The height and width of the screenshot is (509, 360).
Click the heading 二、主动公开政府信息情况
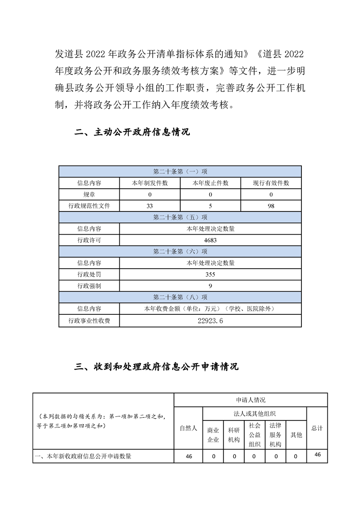click(132, 132)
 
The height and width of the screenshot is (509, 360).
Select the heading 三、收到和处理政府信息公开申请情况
click(156, 367)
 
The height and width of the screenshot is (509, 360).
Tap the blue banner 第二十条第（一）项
click(180, 172)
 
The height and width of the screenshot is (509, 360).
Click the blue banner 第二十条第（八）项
click(180, 297)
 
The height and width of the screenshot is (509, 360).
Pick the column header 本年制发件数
click(150, 183)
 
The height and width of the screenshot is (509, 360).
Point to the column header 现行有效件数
click(271, 183)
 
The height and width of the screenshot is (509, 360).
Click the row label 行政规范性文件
click(89, 206)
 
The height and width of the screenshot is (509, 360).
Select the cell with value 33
click(150, 206)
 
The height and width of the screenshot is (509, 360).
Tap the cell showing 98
click(271, 206)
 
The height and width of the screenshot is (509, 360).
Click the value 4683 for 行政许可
click(210, 240)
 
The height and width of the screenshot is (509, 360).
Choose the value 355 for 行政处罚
click(210, 274)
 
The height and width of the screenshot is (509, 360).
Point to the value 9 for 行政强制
click(210, 286)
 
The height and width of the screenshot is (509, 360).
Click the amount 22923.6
click(210, 321)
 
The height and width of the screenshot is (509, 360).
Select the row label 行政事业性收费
click(89, 321)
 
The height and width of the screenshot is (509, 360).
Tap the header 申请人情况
click(251, 400)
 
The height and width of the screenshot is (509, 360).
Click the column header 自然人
click(188, 428)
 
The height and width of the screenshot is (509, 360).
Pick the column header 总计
click(317, 428)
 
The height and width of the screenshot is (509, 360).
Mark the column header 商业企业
click(213, 435)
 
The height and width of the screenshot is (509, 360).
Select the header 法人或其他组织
click(255, 413)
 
